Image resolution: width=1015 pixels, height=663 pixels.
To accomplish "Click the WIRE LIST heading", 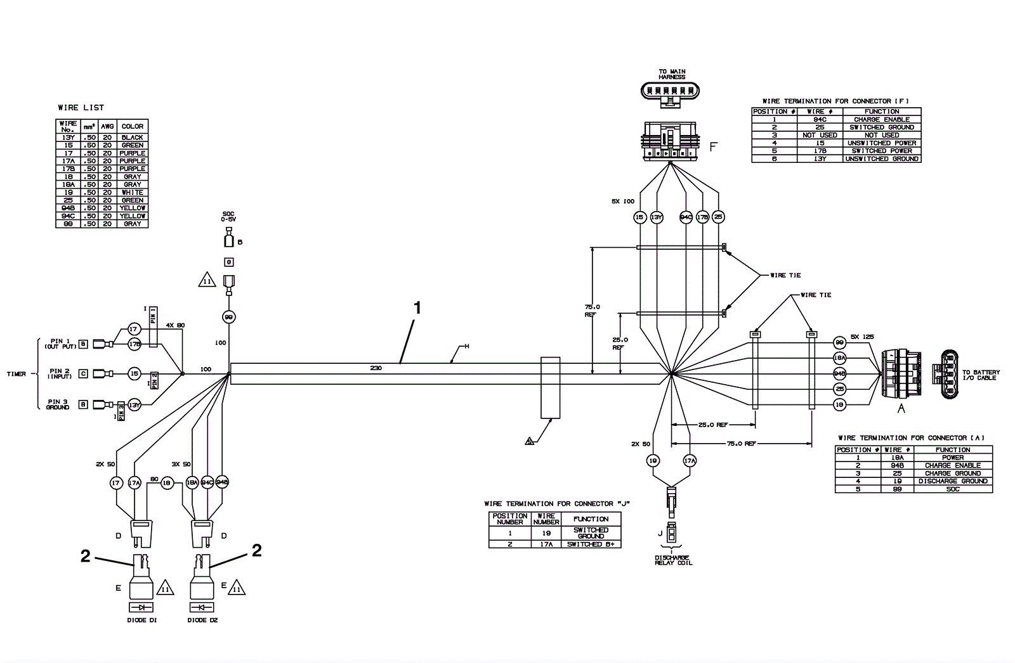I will pos(81,108).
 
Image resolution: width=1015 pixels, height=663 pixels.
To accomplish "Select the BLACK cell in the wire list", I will pos(133,138).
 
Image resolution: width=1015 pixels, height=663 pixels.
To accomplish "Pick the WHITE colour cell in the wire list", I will pos(133,192).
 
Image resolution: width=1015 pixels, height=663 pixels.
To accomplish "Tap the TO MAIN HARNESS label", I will pos(672,74).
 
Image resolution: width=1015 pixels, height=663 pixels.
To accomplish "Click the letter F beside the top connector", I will pos(713,147).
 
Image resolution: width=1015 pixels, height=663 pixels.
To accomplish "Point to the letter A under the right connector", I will pos(900,409).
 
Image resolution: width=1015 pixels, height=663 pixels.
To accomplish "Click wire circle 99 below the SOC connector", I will pos(228,316).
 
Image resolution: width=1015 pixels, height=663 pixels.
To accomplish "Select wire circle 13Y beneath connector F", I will pos(657,217).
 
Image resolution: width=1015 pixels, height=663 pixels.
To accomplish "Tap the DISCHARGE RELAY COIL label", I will pos(674,560).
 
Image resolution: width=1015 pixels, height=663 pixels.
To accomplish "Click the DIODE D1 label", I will pos(141,620).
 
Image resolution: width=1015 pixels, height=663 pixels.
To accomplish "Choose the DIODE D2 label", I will pos(203,620).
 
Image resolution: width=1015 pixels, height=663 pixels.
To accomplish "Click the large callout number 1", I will pos(417,308).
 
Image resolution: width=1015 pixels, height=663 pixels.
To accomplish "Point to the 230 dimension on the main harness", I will pos(376,368).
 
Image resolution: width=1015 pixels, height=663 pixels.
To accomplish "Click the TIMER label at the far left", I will pos(16,374).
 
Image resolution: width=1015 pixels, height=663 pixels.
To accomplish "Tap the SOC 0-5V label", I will pos(228,216).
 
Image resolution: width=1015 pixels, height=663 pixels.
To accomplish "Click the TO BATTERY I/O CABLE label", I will pos(981,375).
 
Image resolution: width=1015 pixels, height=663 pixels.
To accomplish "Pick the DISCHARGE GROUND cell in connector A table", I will pos(953,481).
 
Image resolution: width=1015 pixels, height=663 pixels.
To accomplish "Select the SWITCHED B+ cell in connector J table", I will pos(590,544).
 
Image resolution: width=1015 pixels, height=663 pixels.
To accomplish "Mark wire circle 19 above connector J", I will pos(653,461).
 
